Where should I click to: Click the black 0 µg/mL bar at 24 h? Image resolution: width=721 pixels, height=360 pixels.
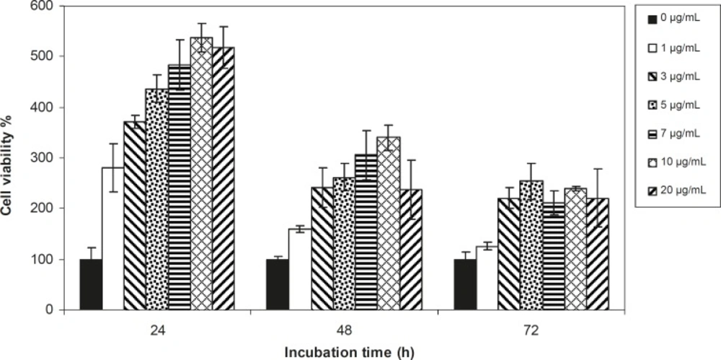(91, 284)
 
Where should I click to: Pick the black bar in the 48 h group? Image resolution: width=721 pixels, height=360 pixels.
(278, 284)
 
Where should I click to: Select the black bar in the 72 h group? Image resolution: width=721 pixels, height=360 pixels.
(465, 284)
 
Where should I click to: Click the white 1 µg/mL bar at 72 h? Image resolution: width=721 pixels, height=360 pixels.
(487, 278)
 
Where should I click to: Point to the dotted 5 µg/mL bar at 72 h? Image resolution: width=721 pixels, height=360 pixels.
(531, 245)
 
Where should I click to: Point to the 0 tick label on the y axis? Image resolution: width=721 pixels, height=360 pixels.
(53, 310)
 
